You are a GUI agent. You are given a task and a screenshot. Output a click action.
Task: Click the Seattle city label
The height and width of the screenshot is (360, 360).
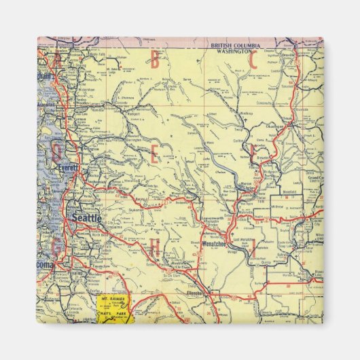pyautogui.click(x=86, y=219)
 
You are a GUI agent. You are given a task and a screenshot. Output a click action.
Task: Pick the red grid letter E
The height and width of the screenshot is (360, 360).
pyautogui.click(x=154, y=156)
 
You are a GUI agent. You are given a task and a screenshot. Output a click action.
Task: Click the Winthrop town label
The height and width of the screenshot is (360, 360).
pyautogui.click(x=247, y=114)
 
